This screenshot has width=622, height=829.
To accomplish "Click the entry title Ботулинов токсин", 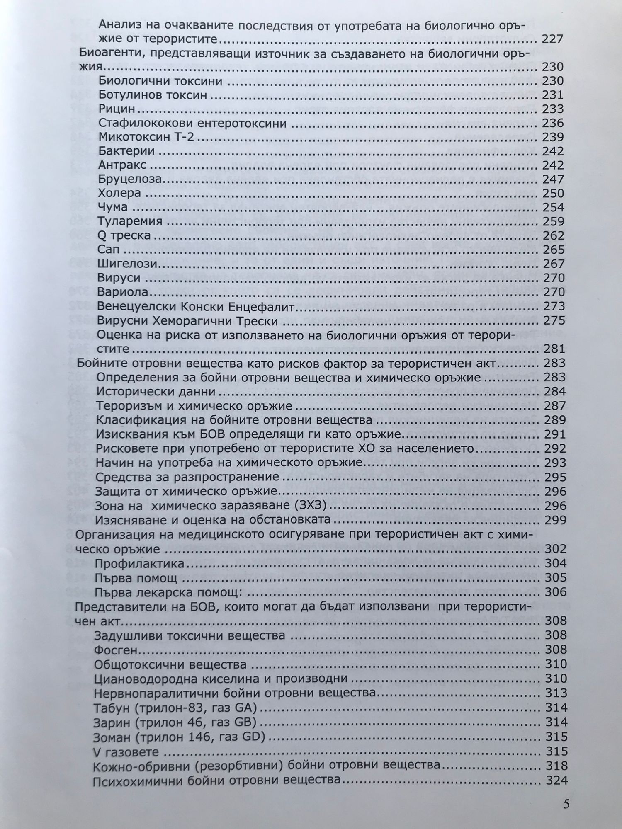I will point(153,95).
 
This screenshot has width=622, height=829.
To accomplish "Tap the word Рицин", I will point(117,109).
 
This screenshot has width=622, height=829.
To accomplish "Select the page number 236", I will point(553,123).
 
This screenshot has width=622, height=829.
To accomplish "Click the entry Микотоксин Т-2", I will point(146,137).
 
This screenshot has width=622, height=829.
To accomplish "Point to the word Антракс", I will point(122,165).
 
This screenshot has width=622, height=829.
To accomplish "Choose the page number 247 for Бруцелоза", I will point(553,179).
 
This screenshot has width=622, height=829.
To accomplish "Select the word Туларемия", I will point(130,221).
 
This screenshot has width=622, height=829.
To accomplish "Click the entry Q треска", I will point(124,235).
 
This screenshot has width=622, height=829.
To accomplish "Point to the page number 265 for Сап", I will point(553,250).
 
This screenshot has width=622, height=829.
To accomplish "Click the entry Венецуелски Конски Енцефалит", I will point(196,307).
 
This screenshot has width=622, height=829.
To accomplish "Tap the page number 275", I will point(553,321).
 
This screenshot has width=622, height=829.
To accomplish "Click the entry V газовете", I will point(126,751).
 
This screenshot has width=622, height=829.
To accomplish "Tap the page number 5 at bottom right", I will point(566,804).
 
